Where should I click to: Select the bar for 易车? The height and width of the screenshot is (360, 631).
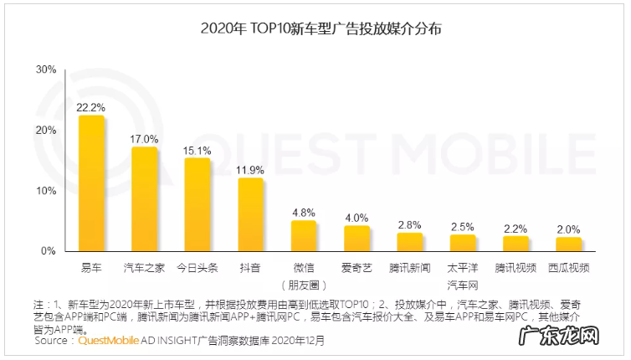[91, 183]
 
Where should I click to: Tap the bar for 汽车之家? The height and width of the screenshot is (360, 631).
[145, 199]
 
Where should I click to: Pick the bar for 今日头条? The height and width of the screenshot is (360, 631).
[198, 204]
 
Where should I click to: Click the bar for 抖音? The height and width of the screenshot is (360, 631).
[250, 214]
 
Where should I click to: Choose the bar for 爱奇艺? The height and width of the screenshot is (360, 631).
[357, 239]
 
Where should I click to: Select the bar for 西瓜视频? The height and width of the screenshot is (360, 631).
[569, 244]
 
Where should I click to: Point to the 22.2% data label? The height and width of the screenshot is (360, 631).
[90, 107]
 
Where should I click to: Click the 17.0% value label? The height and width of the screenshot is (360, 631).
[144, 139]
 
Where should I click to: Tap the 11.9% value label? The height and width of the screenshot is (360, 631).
[250, 170]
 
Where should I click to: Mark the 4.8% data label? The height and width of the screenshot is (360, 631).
[303, 213]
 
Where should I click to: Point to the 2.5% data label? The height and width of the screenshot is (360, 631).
[463, 227]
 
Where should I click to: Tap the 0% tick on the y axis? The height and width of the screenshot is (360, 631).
[49, 250]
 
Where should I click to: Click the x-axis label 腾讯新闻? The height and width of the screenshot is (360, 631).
[410, 268]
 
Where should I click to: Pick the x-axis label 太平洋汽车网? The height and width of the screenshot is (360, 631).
[463, 275]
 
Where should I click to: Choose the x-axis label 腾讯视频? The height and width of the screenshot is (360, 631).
[516, 268]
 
